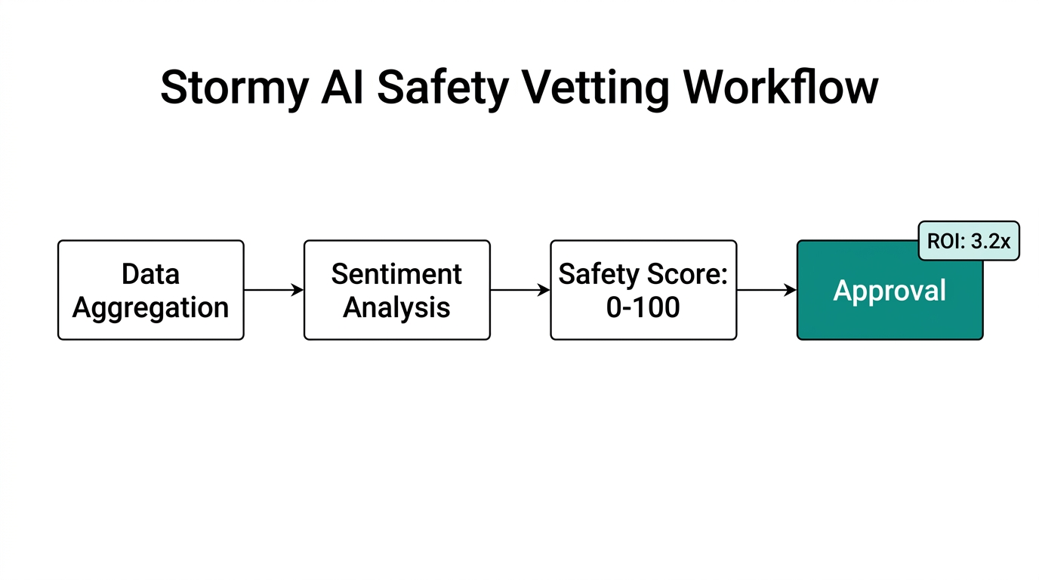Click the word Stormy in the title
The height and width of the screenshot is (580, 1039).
pyautogui.click(x=233, y=88)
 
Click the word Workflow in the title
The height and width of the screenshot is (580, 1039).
pyautogui.click(x=781, y=88)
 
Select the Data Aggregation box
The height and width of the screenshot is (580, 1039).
pyautogui.click(x=151, y=290)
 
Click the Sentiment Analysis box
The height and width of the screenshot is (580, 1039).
pyautogui.click(x=396, y=290)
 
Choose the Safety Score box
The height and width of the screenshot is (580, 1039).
pyautogui.click(x=643, y=290)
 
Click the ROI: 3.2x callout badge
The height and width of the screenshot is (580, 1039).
pyautogui.click(x=969, y=241)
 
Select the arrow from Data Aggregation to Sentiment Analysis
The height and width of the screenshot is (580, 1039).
pyautogui.click(x=273, y=290)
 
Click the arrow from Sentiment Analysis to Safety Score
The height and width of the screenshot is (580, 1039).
pyautogui.click(x=519, y=290)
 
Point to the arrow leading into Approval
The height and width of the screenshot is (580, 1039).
pyautogui.click(x=766, y=290)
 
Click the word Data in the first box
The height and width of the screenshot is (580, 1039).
pyautogui.click(x=151, y=274)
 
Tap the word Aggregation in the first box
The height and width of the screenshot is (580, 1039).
pyautogui.click(x=151, y=308)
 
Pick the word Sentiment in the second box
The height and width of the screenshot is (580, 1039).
pyautogui.click(x=396, y=274)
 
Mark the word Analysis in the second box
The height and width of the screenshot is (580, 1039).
pyautogui.click(x=396, y=308)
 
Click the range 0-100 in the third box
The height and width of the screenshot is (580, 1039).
pyautogui.click(x=643, y=308)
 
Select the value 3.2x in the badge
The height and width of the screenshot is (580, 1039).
pyautogui.click(x=990, y=242)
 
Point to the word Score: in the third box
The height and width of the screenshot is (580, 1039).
pyautogui.click(x=687, y=274)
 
